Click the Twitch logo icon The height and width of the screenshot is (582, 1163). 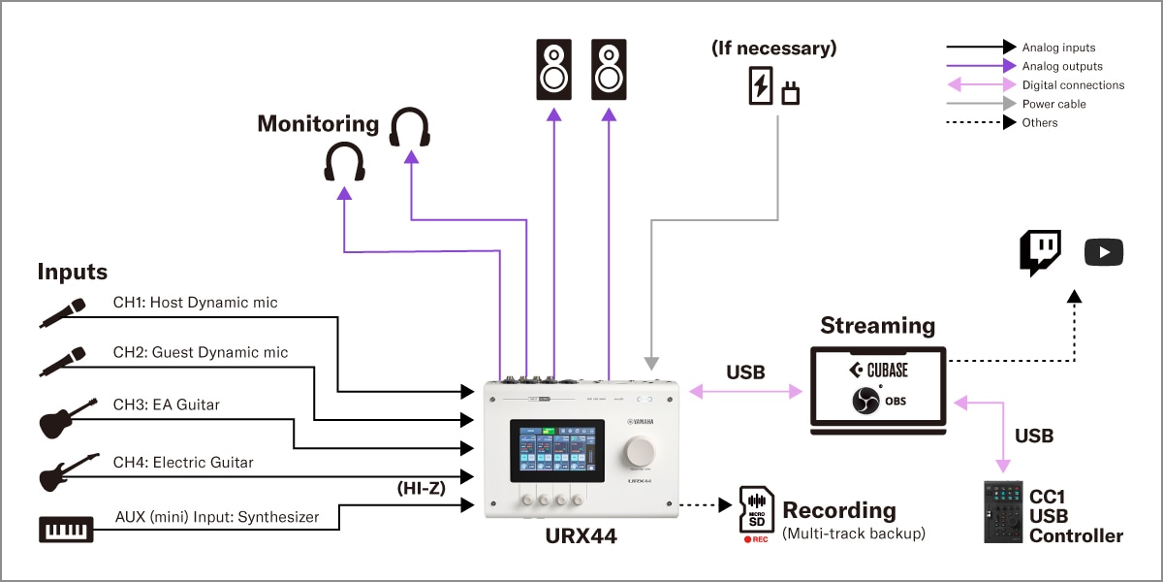(1040, 252)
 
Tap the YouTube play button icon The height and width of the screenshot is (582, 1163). (1103, 253)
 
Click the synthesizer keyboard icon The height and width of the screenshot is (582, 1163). (66, 529)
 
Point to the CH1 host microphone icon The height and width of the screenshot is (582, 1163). (63, 311)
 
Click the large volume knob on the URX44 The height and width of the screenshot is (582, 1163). (642, 451)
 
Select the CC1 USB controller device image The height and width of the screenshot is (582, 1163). (1003, 511)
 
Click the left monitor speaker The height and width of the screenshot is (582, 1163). (554, 70)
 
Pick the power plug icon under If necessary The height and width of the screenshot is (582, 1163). (790, 94)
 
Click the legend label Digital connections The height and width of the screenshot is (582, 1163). (1073, 85)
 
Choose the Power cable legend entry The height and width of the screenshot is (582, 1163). (1053, 104)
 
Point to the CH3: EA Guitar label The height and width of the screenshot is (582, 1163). (167, 404)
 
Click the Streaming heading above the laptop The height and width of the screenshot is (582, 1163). (877, 325)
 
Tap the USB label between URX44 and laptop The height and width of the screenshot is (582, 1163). (745, 372)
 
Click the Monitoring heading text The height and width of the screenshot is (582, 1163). (318, 123)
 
